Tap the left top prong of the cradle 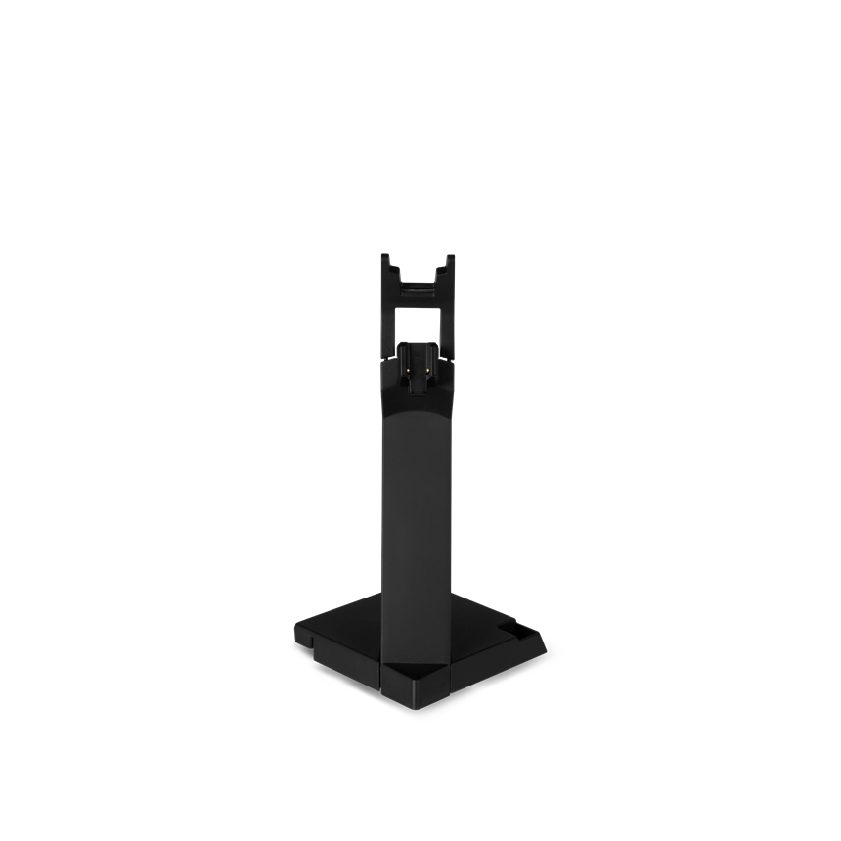click(387, 265)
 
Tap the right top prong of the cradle click(451, 265)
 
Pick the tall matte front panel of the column click(419, 509)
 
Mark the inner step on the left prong click(395, 273)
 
